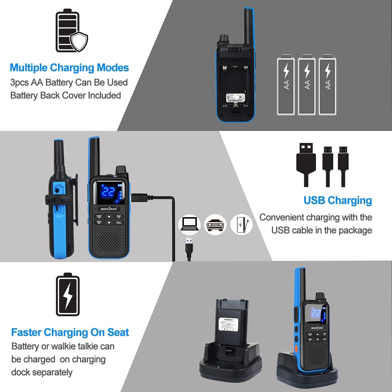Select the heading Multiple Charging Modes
[69, 68]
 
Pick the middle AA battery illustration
[307, 85]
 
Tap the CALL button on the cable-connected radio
[119, 223]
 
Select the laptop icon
[189, 224]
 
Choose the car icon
[215, 224]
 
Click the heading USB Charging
[338, 200]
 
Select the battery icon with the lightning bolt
[68, 295]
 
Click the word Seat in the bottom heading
[118, 332]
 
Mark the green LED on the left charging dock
[218, 367]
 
